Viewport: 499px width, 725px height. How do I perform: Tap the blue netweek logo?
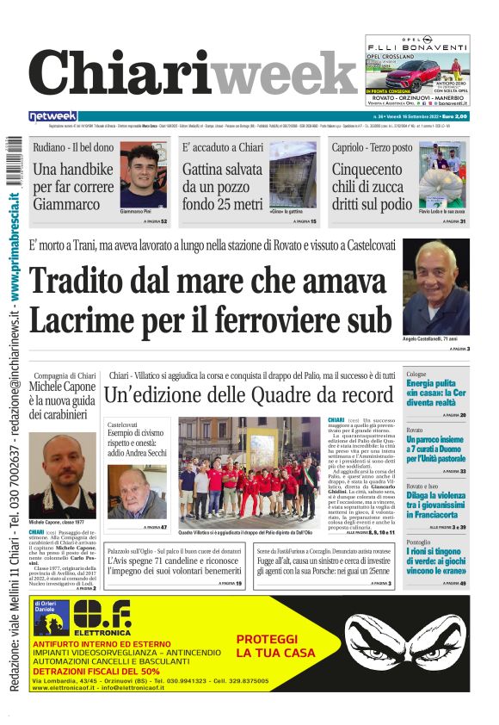52,116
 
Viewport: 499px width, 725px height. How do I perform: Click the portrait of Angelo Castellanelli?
436,288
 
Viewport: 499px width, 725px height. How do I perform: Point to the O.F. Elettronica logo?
102,617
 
